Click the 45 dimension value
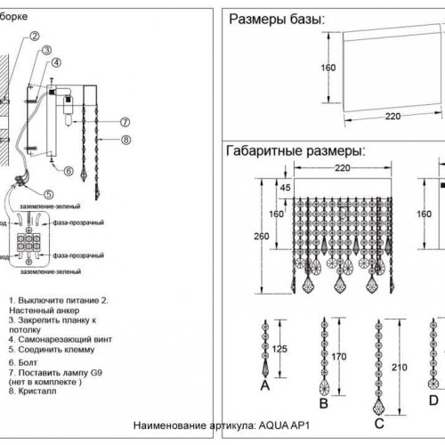point(285,188)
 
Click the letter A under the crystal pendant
point(263,386)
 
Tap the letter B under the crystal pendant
point(324,404)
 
